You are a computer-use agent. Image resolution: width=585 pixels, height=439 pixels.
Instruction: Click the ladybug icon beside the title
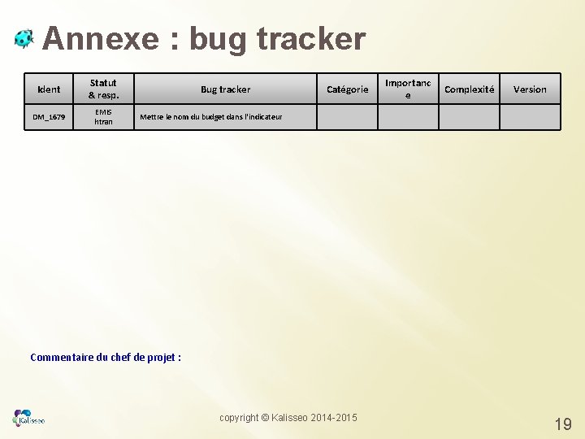(24, 38)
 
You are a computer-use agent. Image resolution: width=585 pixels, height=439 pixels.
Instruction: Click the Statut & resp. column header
(103, 89)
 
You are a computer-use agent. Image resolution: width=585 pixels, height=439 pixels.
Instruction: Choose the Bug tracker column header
(225, 89)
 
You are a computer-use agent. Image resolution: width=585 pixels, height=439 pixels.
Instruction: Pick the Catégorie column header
(347, 89)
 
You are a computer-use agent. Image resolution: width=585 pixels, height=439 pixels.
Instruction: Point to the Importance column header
(408, 89)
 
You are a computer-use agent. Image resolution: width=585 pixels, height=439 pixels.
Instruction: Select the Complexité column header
(469, 89)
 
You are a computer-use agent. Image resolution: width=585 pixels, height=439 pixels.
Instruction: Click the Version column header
(530, 89)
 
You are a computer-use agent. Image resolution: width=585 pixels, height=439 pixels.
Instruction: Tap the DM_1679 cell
(49, 117)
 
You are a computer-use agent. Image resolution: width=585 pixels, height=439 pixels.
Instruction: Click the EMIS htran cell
(103, 117)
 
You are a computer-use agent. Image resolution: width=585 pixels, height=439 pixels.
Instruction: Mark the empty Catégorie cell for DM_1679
(347, 117)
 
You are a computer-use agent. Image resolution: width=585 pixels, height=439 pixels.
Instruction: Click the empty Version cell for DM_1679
(530, 117)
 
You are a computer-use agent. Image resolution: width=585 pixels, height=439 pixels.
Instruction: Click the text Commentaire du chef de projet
(105, 357)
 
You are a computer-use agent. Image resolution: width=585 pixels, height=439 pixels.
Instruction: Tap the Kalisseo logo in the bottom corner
(29, 418)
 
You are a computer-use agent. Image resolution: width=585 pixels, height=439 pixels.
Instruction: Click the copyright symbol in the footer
(265, 418)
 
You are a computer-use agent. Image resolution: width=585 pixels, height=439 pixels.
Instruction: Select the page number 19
(562, 424)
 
